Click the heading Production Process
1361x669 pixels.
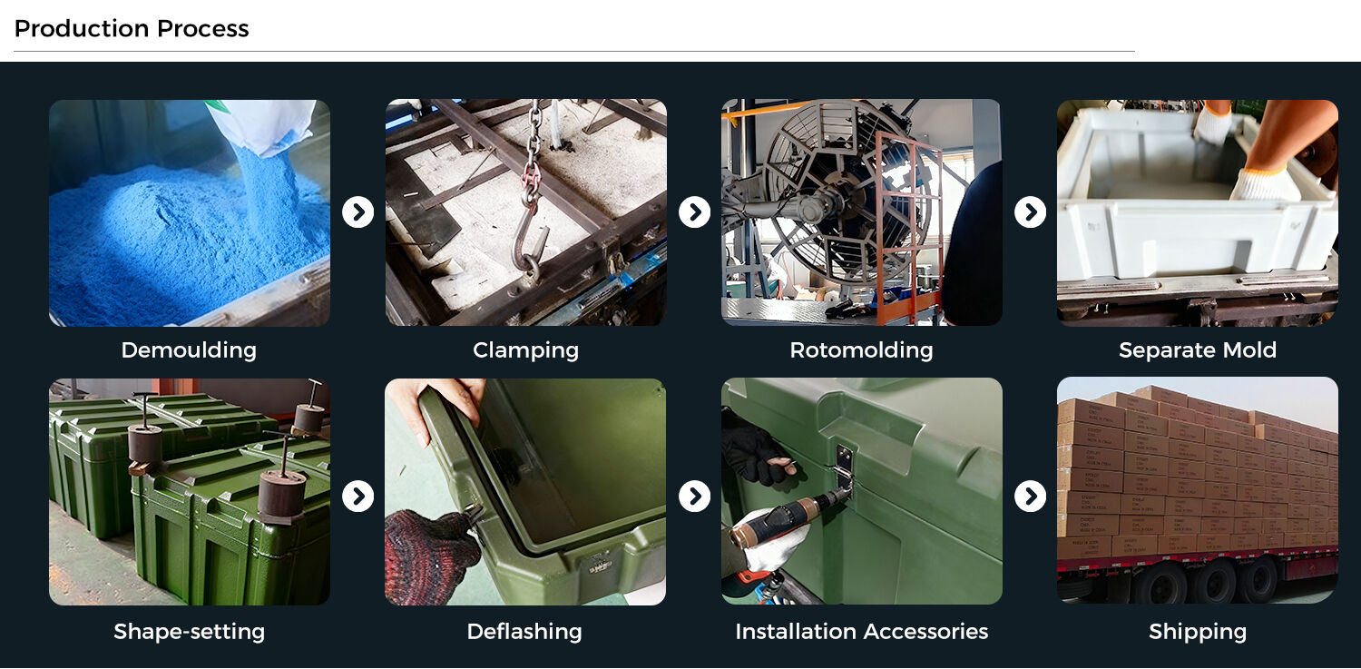click(132, 28)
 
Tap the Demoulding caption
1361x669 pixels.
click(189, 350)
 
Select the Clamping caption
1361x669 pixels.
click(525, 350)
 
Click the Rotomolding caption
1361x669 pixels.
click(861, 350)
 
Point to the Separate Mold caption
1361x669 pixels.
click(1198, 350)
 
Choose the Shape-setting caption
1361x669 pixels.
click(189, 631)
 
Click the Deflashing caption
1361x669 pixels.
click(524, 631)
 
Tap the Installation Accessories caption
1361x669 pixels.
click(862, 631)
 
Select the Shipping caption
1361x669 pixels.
click(1198, 631)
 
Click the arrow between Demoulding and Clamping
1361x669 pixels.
click(357, 212)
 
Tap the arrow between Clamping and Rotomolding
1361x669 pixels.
click(694, 212)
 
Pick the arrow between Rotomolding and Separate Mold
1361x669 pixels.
click(1031, 212)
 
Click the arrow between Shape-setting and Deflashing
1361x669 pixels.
click(357, 497)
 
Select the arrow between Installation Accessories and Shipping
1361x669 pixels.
click(1031, 497)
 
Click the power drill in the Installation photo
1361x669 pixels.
click(784, 523)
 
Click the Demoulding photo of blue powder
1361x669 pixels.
click(190, 212)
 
